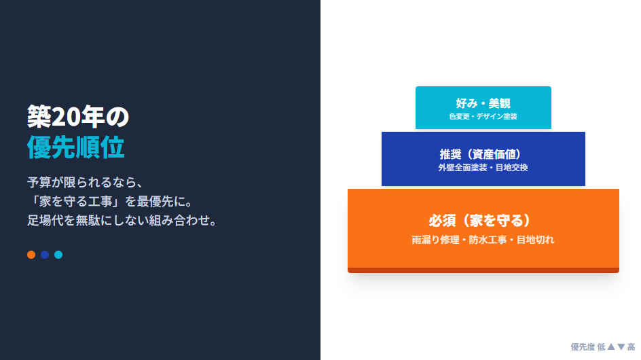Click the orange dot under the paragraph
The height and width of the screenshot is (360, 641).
click(x=31, y=255)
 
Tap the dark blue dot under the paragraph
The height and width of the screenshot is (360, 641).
click(x=45, y=255)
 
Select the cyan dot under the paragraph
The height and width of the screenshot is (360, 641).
click(x=58, y=255)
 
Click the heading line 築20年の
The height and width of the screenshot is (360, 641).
click(x=78, y=117)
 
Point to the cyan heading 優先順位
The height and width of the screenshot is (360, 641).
click(x=75, y=147)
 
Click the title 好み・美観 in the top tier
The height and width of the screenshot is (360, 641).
click(x=483, y=103)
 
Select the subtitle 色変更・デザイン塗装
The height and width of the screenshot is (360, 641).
click(x=483, y=117)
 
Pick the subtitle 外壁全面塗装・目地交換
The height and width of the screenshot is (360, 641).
click(x=483, y=167)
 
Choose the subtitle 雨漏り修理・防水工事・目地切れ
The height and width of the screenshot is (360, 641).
click(x=483, y=240)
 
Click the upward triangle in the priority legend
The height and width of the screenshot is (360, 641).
click(x=611, y=347)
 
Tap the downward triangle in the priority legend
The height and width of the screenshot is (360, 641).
click(x=621, y=347)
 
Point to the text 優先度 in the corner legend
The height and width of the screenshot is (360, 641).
click(x=583, y=347)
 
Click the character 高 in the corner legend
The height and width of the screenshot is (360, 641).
click(x=631, y=347)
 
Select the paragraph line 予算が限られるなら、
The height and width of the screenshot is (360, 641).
click(x=85, y=182)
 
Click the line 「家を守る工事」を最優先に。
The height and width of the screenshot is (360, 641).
click(x=111, y=201)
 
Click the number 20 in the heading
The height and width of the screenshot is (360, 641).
click(x=66, y=117)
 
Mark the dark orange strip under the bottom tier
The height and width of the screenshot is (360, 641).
click(x=483, y=270)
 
